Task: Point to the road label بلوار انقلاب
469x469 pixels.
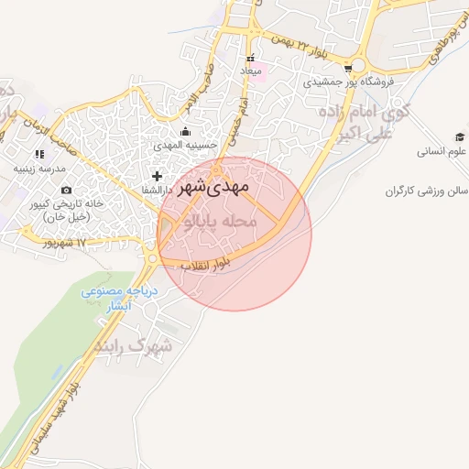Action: [x=203, y=266]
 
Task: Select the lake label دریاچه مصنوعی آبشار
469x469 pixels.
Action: [x=120, y=299]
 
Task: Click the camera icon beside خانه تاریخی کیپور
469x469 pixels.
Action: [x=66, y=189]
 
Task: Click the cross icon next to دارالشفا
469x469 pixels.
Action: [x=158, y=175]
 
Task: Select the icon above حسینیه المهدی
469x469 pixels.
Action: [x=186, y=131]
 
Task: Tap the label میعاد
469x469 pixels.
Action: [x=250, y=71]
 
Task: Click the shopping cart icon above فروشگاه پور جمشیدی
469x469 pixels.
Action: [x=348, y=67]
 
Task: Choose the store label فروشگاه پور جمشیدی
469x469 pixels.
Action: [x=350, y=82]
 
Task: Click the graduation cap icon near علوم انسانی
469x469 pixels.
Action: [x=460, y=137]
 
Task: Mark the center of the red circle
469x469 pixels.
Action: [x=234, y=234]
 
